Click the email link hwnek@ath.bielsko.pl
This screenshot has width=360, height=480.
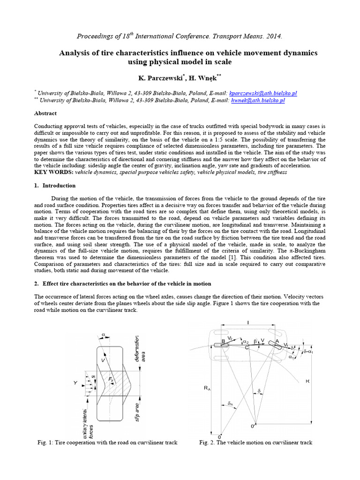258,100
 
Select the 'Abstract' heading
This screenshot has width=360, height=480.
45,113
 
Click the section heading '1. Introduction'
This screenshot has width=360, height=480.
55,186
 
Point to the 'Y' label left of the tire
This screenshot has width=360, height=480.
75,383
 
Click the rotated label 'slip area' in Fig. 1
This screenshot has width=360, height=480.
137,411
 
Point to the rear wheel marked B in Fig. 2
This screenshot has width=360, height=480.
222,345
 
